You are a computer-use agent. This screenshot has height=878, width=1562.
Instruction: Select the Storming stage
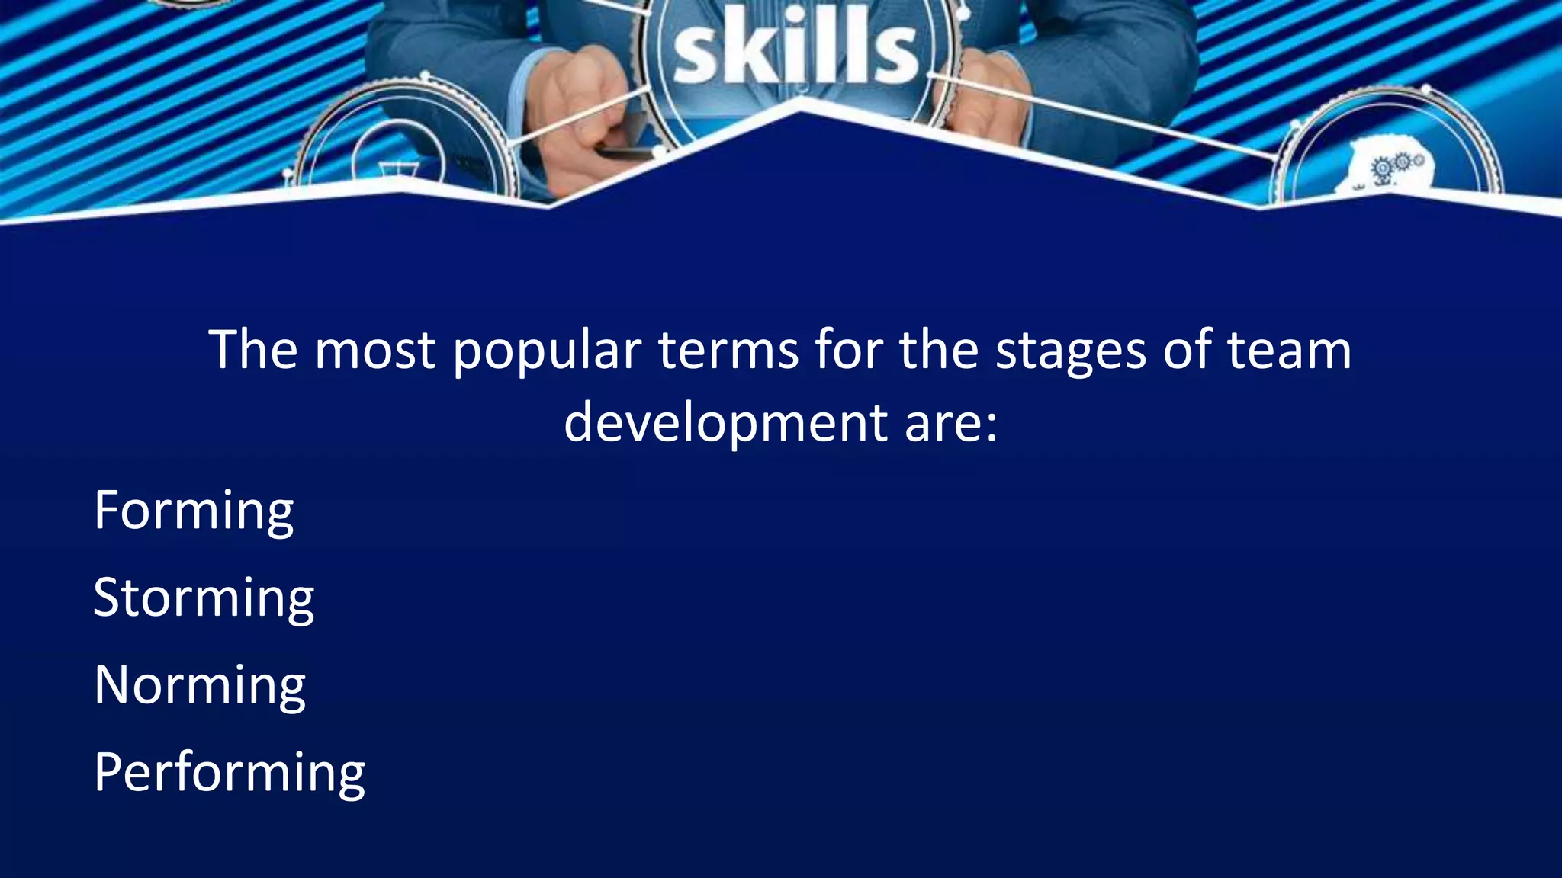[204, 598]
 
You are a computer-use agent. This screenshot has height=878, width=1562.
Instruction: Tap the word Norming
[200, 685]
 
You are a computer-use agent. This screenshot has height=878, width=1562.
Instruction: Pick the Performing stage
[230, 773]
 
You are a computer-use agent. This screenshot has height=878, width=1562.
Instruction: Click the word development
[725, 423]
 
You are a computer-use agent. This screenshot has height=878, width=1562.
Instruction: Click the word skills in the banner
[795, 52]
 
